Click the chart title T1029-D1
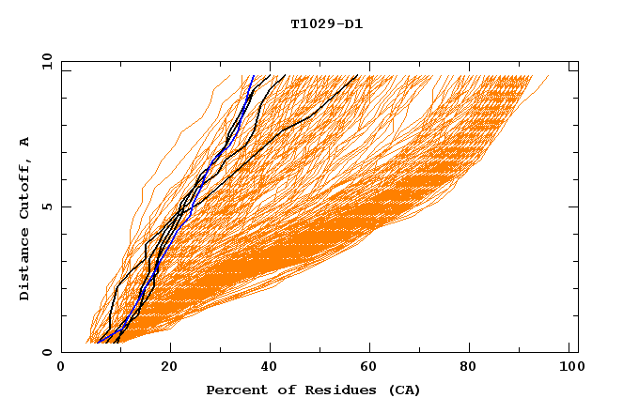click(326, 23)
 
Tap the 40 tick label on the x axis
click(270, 370)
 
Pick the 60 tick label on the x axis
click(371, 370)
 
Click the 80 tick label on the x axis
click(473, 370)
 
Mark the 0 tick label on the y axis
click(46, 352)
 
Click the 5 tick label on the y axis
click(46, 206)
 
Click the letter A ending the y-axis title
click(24, 142)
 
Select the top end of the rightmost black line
click(357, 76)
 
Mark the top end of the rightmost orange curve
click(549, 76)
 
